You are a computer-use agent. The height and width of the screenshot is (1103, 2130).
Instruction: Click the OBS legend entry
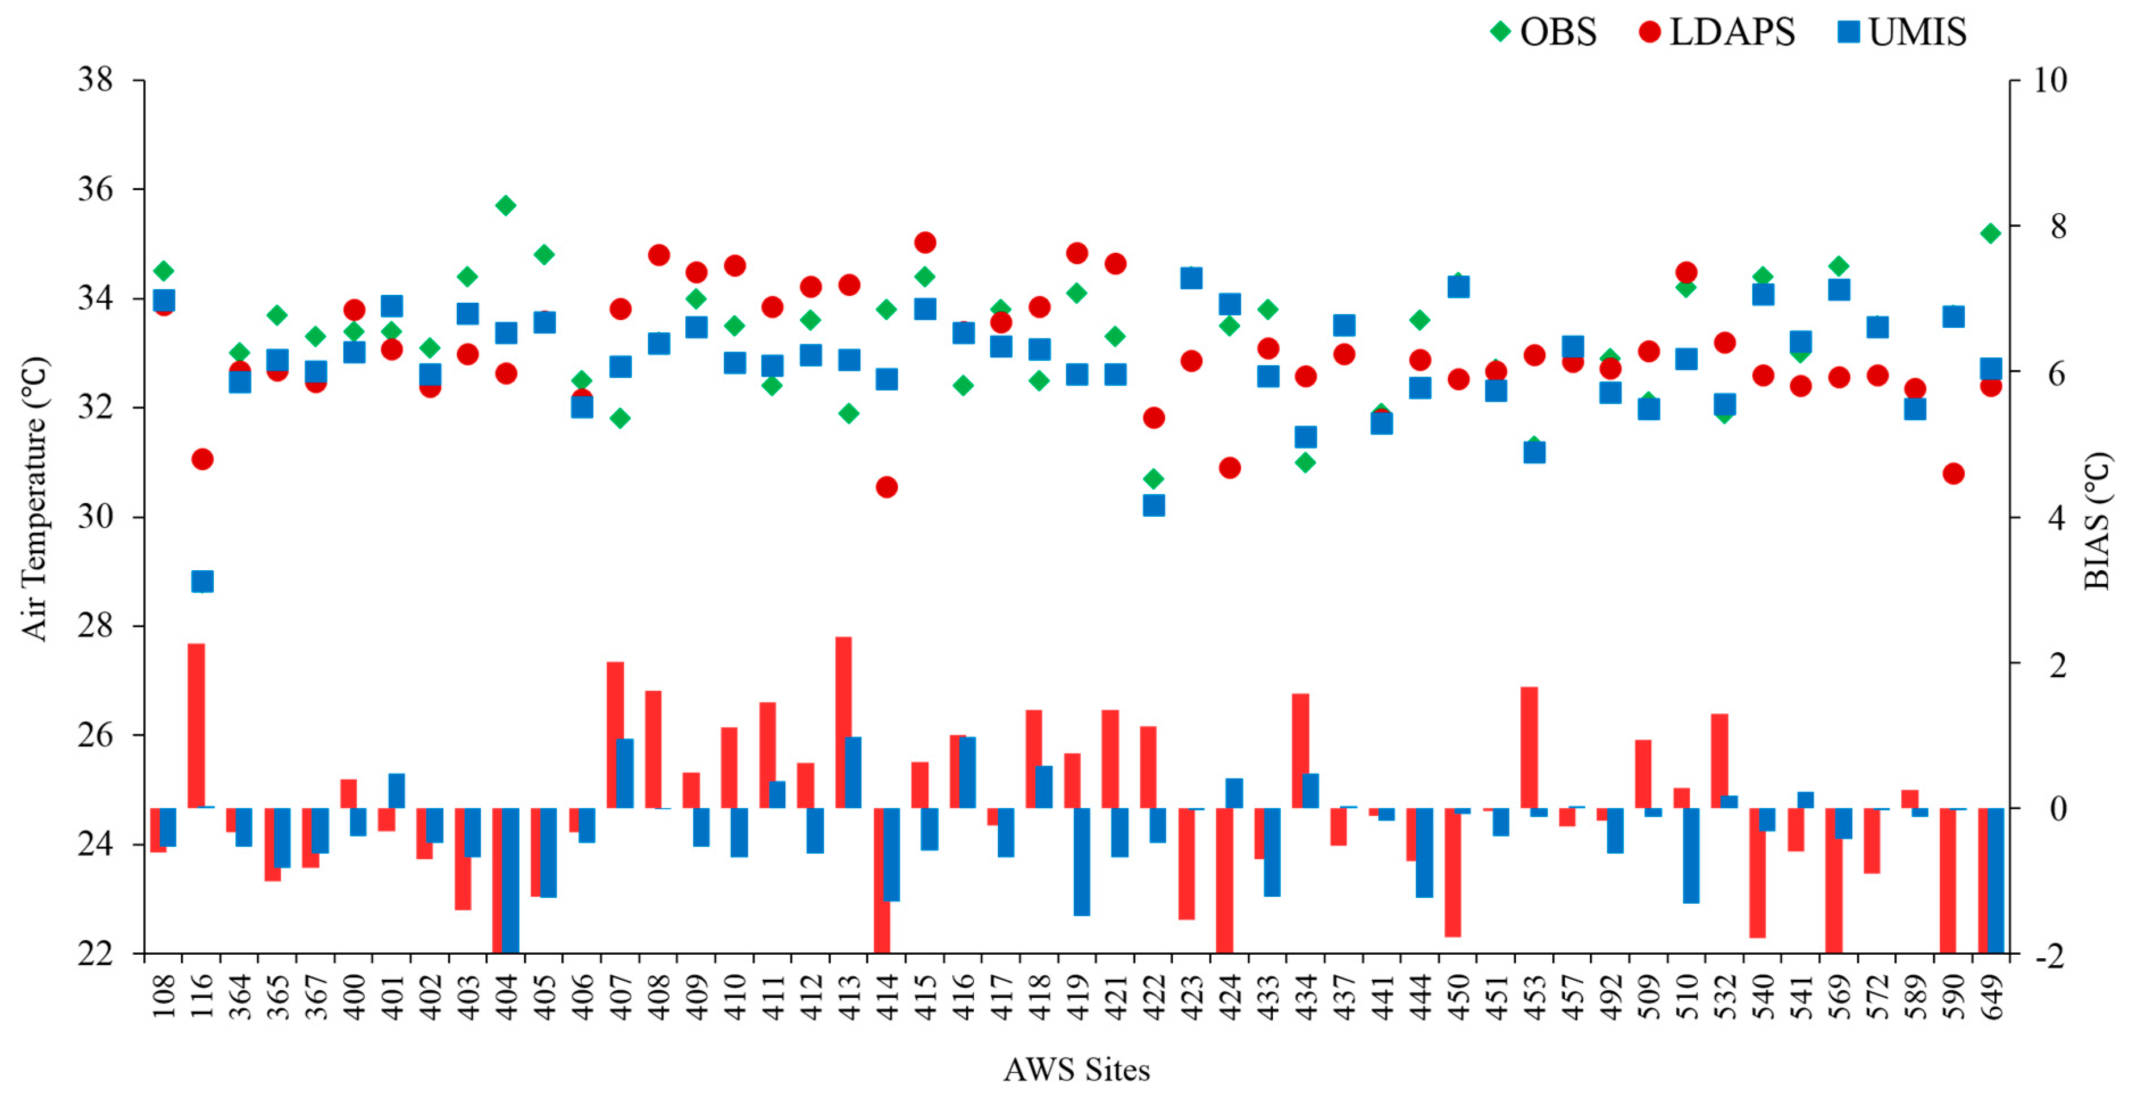click(1543, 32)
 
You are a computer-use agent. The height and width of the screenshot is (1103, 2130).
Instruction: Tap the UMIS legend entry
click(1902, 32)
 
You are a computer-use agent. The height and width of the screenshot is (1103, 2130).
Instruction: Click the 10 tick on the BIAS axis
click(2049, 80)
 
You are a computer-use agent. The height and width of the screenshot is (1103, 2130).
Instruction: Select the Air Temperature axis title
click(34, 499)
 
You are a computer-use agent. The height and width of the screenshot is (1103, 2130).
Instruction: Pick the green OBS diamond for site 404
click(506, 205)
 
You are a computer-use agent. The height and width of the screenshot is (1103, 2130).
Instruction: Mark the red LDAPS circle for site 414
click(886, 487)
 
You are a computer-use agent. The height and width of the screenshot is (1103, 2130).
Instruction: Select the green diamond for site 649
click(1990, 233)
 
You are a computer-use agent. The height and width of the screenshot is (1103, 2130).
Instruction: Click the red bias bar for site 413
click(843, 722)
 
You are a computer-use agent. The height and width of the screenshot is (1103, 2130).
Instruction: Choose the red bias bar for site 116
click(196, 725)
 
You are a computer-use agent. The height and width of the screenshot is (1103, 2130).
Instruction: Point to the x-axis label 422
click(1153, 996)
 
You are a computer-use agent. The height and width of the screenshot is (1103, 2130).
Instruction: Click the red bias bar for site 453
click(1529, 747)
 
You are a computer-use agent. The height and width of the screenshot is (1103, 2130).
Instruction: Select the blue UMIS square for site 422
click(1153, 505)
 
